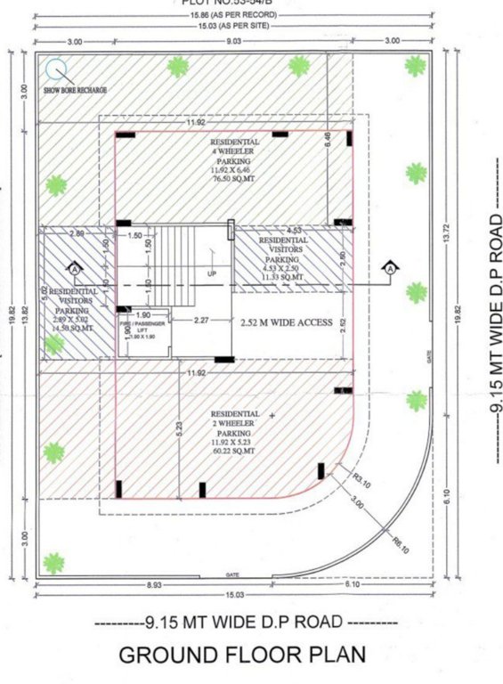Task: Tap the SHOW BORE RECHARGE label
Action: (78, 90)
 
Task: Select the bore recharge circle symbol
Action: (56, 68)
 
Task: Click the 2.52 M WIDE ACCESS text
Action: (287, 322)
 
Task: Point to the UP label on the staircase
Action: (212, 273)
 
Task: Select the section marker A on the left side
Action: (75, 267)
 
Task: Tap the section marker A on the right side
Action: (389, 267)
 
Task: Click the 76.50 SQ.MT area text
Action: (235, 177)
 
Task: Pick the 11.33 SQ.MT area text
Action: (283, 277)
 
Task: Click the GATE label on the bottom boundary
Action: (233, 574)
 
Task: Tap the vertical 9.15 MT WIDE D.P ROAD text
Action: (497, 338)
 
